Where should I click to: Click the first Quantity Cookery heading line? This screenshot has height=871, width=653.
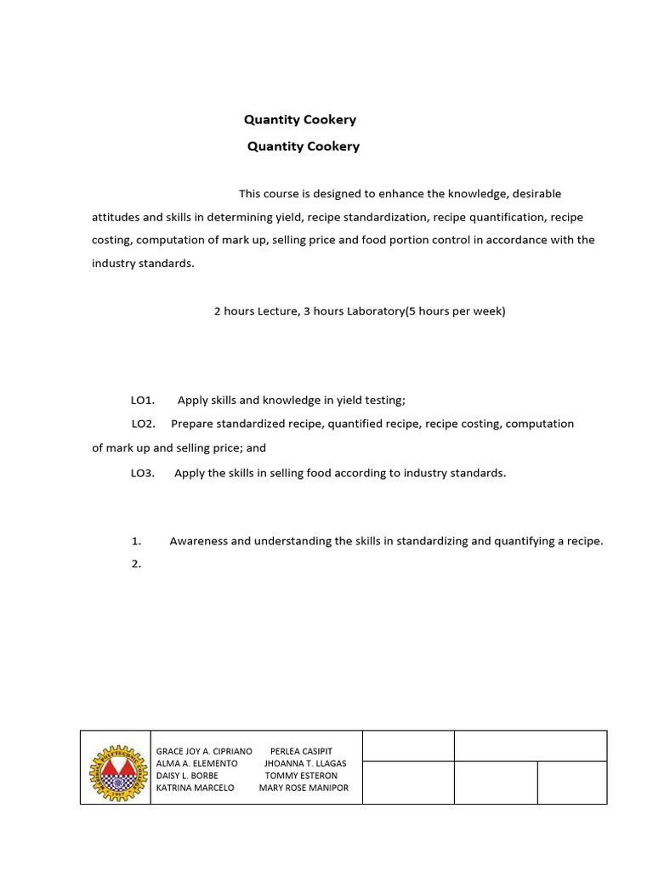300,120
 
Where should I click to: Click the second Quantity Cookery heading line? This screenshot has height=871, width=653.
304,146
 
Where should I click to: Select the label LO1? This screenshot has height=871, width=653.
142,400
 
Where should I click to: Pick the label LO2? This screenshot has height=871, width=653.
143,424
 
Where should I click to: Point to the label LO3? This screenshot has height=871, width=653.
142,473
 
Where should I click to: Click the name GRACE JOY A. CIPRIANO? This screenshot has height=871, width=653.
204,752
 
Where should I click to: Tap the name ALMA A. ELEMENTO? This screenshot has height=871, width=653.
197,764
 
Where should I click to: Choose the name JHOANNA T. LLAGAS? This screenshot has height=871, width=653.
305,764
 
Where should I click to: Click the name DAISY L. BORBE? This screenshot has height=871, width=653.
187,776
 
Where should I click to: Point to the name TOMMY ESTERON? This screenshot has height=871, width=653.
301,776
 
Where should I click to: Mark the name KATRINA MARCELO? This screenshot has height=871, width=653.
196,788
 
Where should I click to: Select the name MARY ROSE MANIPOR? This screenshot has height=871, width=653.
304,788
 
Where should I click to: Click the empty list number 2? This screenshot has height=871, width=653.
136,563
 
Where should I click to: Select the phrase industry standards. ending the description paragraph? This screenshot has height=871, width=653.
143,264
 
